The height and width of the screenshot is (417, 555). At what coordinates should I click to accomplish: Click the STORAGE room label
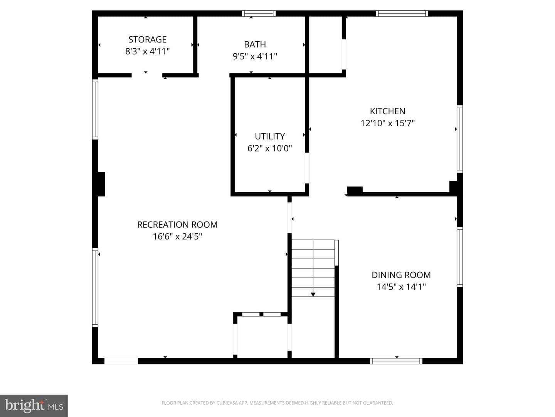pos(147,39)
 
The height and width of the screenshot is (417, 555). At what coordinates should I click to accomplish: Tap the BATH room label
pos(255,44)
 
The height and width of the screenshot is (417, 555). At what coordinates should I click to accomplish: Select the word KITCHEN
pos(387,111)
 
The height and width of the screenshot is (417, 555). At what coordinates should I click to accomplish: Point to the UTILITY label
pos(269,136)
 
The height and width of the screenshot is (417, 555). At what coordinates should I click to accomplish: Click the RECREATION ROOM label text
pos(177,225)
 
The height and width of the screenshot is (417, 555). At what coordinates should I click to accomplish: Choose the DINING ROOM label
pos(401,275)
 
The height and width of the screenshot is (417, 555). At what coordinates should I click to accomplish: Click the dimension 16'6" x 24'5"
pos(177,236)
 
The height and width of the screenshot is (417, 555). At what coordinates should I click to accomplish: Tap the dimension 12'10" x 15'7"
pos(387,123)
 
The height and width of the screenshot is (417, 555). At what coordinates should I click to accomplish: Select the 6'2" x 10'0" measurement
pos(269,148)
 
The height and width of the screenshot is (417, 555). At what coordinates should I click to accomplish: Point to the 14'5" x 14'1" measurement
pos(401,286)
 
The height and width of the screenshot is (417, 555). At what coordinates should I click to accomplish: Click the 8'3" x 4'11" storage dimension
pos(147,51)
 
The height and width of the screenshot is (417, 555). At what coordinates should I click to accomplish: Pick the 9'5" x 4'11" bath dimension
pos(255,56)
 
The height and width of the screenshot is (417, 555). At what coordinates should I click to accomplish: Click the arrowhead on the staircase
pos(313,295)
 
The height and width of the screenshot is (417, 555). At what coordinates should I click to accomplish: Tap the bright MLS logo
pos(34,406)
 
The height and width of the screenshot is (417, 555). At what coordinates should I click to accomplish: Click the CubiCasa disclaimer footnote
pos(277,403)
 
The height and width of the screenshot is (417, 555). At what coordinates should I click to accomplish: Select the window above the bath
pos(259,14)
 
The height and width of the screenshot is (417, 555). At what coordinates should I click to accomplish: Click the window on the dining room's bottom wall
pos(396,361)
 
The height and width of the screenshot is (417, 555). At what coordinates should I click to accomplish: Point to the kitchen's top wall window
pos(402,14)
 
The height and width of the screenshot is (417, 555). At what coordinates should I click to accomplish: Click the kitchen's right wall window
pos(460,139)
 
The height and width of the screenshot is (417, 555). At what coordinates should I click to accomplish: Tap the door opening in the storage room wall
pos(147,75)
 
